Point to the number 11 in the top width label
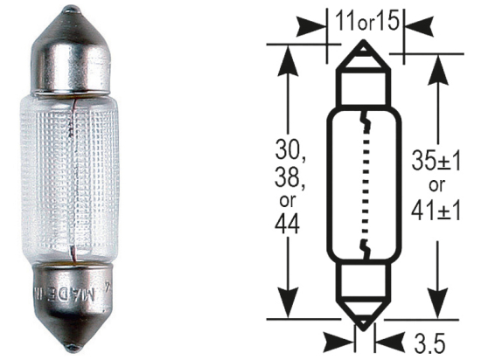click(345, 18)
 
